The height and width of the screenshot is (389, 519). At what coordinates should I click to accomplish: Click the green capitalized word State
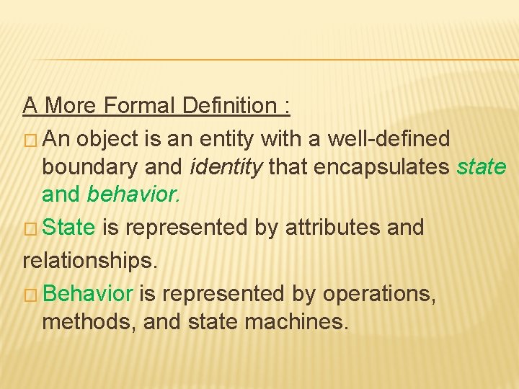click(69, 228)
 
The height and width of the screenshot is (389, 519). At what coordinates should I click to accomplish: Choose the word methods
click(89, 322)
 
